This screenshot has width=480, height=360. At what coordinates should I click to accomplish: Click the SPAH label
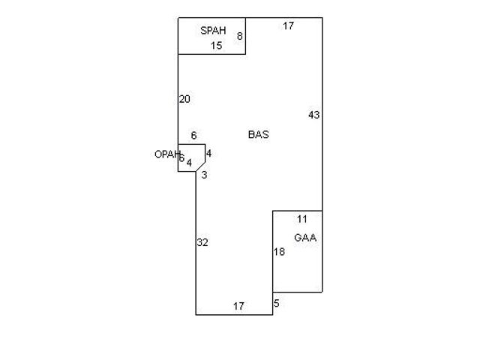pos(213,31)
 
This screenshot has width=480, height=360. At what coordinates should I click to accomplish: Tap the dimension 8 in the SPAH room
pos(239,36)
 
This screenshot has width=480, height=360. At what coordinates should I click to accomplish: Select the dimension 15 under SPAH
pos(216,46)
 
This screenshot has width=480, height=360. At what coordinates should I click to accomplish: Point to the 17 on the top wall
pos(288,26)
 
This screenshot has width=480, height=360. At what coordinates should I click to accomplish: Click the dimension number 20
pos(184,99)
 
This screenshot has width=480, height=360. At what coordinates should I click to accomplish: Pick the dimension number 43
pos(313,115)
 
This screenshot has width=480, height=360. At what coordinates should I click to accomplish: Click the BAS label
pos(258,135)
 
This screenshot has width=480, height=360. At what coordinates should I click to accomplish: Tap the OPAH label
pos(167,154)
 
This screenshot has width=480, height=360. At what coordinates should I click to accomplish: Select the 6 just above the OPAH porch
pos(193,136)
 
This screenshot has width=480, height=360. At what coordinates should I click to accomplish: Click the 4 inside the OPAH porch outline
pos(189,163)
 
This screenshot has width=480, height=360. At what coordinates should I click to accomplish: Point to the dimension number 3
pos(204,175)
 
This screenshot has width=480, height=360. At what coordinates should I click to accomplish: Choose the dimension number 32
pos(202,242)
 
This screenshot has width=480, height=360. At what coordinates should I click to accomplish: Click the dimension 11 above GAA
pos(302,219)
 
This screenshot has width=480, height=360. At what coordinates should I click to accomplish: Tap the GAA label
pos(305,238)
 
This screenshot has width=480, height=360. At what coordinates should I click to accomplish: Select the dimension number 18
pos(279,252)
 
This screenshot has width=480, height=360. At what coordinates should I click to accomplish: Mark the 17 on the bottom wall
pos(238,306)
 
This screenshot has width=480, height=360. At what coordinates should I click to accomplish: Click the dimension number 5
pos(276,304)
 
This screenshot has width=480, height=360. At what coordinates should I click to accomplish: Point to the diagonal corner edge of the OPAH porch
pos(200,166)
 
